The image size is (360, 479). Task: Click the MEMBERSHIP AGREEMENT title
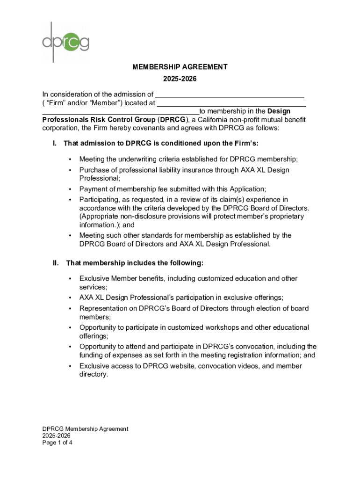pyautogui.click(x=180, y=67)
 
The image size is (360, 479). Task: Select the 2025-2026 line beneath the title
pyautogui.click(x=180, y=79)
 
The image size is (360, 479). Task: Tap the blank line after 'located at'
pyautogui.click(x=231, y=104)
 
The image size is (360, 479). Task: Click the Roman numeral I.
pyautogui.click(x=55, y=143)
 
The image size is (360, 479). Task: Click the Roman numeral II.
pyautogui.click(x=55, y=263)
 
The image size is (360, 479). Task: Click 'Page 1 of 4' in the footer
pyautogui.click(x=57, y=442)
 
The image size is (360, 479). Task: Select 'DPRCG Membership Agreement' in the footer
pyautogui.click(x=85, y=428)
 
